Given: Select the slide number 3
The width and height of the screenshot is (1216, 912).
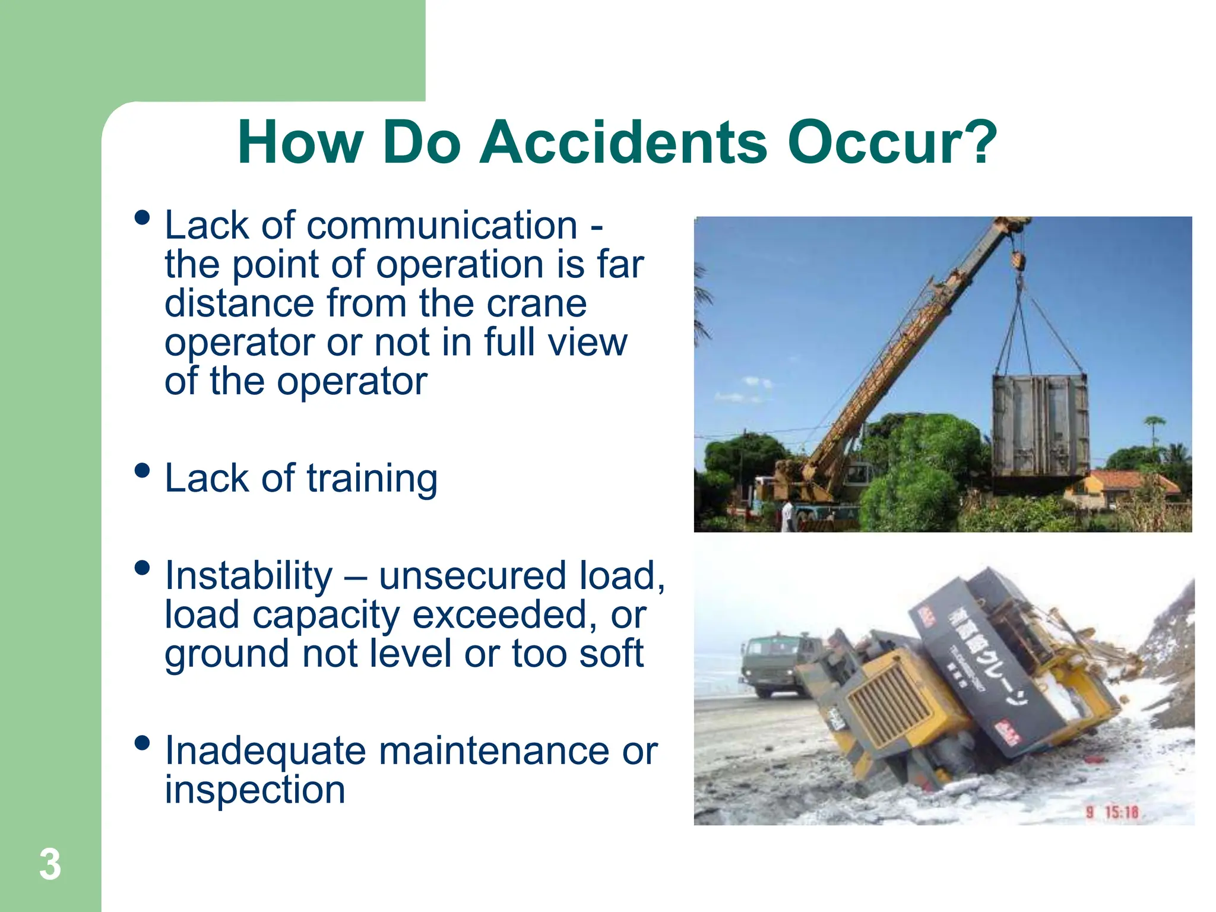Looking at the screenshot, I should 50,864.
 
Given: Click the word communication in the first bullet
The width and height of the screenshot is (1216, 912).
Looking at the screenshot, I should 442,226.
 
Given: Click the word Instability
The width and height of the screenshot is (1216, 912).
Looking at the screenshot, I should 249,576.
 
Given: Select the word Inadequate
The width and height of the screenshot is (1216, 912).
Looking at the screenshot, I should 265,751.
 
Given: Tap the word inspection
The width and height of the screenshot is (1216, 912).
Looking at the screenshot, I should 255,790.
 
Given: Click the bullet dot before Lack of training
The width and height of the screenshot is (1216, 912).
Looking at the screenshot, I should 142,471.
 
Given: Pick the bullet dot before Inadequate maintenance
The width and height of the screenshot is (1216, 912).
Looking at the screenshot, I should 142,743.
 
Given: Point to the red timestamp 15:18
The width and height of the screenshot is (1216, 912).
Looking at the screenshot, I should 1122,812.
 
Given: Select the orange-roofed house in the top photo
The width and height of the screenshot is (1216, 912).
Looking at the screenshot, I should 1116,484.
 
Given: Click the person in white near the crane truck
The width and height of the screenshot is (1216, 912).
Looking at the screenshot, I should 788,515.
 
